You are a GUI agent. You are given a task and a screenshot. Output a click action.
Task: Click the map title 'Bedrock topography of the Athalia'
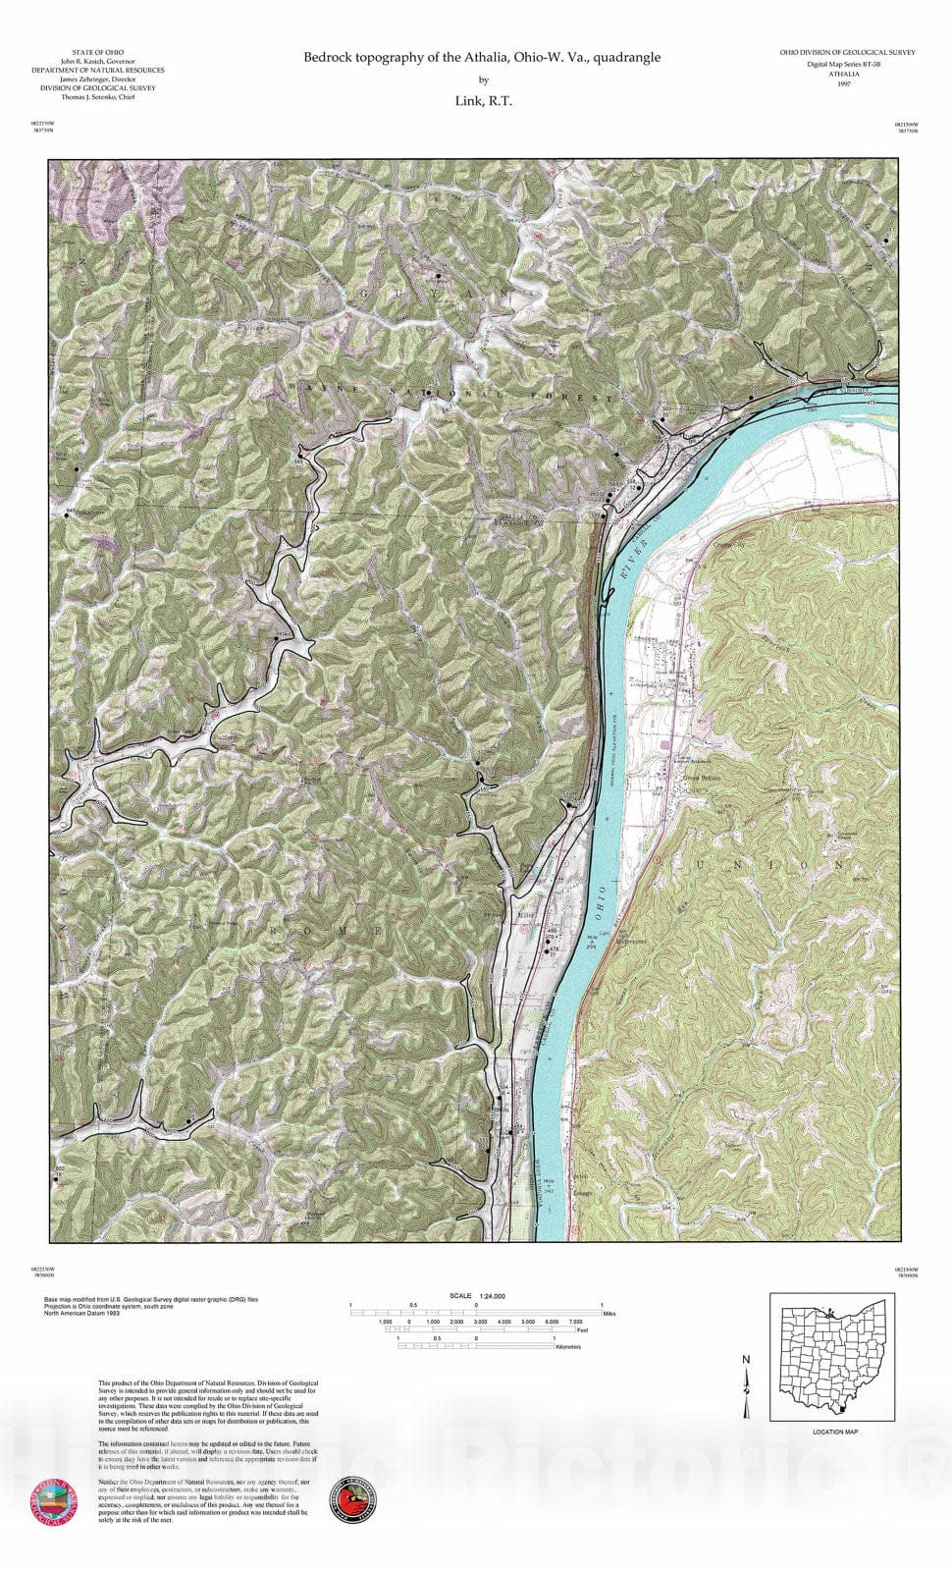481,58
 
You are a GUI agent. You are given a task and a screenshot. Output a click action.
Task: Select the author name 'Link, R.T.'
483,100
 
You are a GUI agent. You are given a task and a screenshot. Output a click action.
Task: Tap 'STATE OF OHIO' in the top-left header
98,52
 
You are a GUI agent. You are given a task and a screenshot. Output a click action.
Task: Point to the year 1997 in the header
844,84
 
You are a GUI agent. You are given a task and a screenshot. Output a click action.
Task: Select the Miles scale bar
477,1313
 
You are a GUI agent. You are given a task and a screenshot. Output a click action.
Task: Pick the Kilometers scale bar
477,1346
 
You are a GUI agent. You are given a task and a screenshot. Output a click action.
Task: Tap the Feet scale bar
477,1329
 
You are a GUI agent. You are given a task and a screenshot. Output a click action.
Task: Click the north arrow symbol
747,1386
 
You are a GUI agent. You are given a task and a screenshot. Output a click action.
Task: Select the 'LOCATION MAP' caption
835,1432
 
